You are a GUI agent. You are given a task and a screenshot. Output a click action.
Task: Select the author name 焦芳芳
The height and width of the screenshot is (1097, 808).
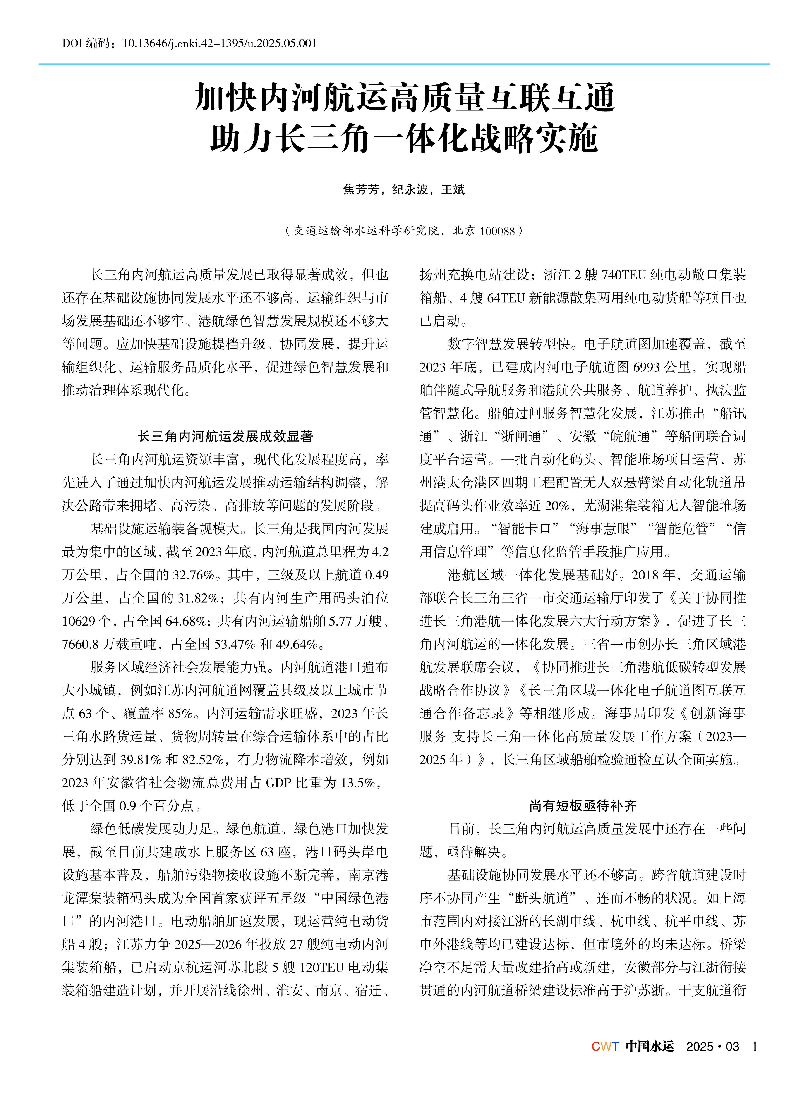[x=361, y=189]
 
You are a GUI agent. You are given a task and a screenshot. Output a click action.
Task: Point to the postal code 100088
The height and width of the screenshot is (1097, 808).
[x=497, y=231]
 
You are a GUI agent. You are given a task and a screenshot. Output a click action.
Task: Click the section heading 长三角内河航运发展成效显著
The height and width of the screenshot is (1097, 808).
[x=225, y=436]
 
